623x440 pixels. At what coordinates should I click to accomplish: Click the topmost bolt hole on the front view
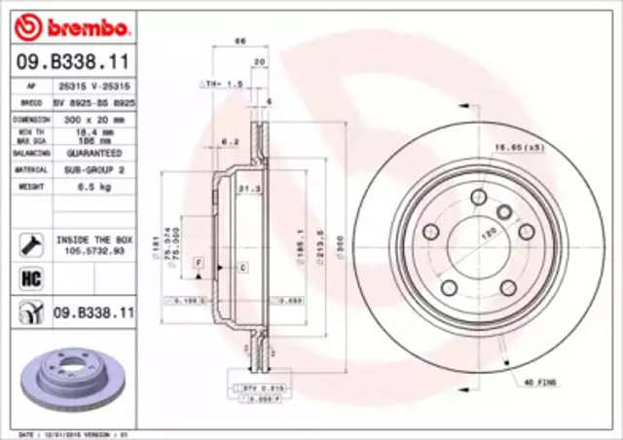pos(477,197)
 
